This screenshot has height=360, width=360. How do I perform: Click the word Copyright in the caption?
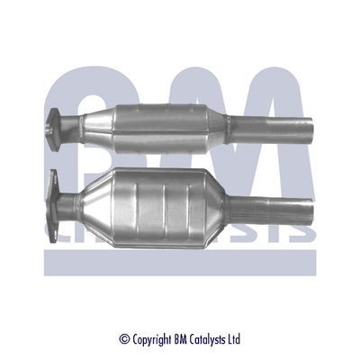pos(153,339)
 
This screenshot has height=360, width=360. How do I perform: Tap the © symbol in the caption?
pos(123,339)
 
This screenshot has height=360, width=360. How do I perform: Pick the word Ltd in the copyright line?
pos(237,339)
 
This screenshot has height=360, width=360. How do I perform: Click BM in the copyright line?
pos(182,339)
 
